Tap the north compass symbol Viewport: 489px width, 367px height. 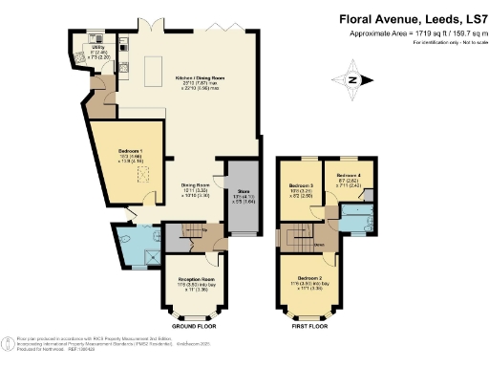tap(351, 79)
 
